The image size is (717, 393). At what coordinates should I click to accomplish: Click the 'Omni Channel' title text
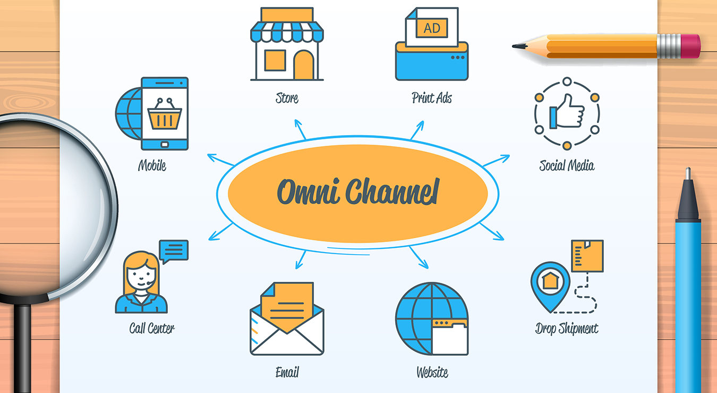357,192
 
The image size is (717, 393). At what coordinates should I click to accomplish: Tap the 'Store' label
287,98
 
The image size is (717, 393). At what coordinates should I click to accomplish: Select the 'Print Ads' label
431,98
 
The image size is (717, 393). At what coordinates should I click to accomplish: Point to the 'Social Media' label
566,165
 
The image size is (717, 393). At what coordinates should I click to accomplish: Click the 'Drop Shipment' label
566,329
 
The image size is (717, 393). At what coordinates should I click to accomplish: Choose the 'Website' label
432,372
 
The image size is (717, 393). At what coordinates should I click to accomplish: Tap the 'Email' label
287,372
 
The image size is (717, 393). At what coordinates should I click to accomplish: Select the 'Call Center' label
151,328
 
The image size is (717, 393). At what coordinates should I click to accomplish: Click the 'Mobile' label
152,165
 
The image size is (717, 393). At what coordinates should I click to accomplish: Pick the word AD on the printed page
432,28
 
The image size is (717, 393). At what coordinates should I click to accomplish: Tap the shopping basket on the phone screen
165,116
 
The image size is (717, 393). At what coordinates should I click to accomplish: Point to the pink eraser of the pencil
689,45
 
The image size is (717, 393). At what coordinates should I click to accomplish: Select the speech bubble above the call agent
174,250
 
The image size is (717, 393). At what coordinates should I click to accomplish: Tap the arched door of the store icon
304,65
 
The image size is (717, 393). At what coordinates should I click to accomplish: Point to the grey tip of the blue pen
688,197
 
